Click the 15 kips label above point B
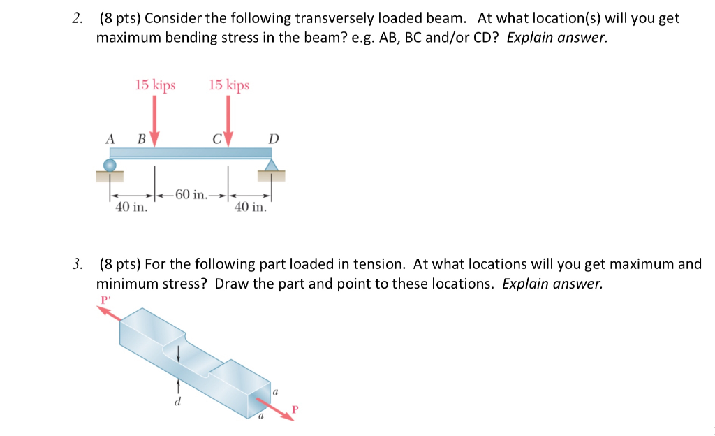pos(155,85)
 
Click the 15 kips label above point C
pos(228,85)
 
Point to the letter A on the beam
pos(110,138)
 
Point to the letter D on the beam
pos(273,139)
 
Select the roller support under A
pos(110,165)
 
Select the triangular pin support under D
pos(272,164)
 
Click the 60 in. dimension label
pos(191,194)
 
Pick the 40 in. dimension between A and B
pos(131,207)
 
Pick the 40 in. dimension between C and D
pos(250,207)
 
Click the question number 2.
pos(77,18)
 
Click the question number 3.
pos(77,264)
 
